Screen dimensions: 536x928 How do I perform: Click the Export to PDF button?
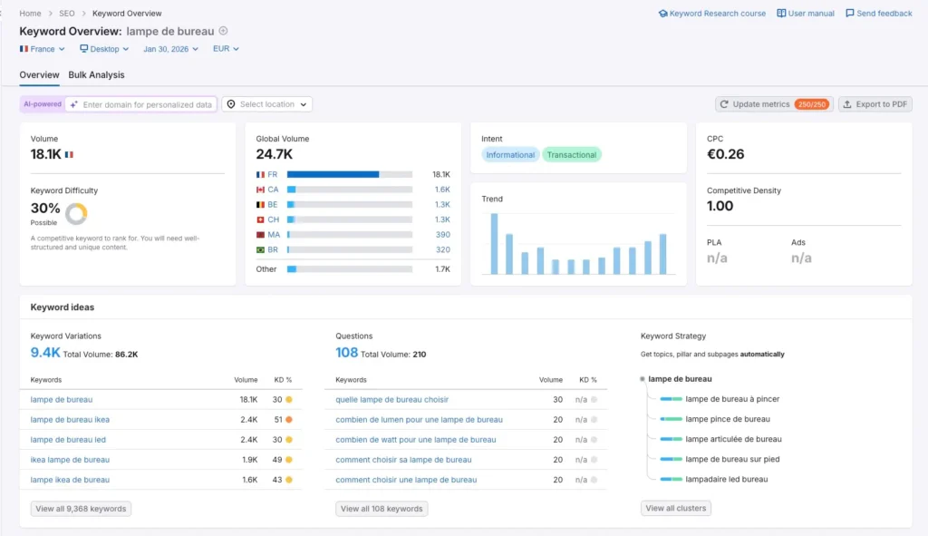(875, 104)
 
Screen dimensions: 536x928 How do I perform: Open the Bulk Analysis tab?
(96, 75)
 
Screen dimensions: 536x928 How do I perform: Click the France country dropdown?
(43, 49)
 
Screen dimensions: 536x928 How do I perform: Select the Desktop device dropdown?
(104, 49)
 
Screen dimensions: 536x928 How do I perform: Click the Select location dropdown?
(267, 104)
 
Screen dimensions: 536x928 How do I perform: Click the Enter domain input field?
(147, 104)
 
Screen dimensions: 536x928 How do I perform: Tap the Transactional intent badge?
(571, 155)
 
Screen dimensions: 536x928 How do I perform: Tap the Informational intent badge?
(510, 155)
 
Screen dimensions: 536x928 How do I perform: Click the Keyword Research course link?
(712, 14)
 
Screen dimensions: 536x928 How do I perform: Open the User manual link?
(806, 14)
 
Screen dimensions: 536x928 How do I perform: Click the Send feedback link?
(878, 14)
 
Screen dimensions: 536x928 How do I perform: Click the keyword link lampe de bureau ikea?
(70, 420)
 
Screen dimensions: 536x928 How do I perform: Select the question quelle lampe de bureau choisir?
(391, 399)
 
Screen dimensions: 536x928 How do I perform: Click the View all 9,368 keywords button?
(81, 509)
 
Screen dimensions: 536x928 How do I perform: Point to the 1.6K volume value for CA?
(441, 190)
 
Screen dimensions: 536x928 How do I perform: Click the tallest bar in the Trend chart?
(494, 243)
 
